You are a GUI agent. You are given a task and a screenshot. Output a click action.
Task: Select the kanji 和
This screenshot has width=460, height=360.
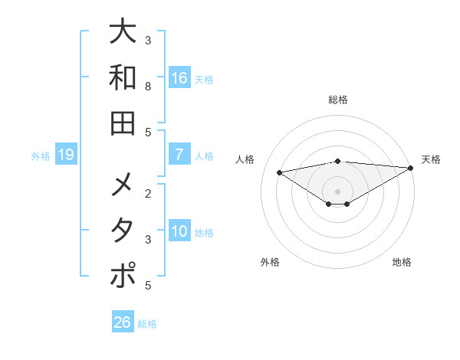coord(123,77)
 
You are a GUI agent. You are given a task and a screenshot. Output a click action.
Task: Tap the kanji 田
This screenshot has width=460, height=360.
coord(123,123)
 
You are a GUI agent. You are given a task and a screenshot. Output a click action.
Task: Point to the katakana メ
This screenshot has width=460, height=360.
coord(123,185)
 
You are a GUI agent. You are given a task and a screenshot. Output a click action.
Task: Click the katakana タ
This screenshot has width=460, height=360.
coord(123,231)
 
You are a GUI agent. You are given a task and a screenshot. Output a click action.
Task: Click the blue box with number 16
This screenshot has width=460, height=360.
coord(179,77)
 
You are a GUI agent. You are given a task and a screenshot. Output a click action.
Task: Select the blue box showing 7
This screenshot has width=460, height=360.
coord(179,155)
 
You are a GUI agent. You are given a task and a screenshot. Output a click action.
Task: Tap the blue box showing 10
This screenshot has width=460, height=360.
coord(179,231)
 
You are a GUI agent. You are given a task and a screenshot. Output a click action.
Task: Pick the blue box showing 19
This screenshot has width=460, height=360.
coord(66,155)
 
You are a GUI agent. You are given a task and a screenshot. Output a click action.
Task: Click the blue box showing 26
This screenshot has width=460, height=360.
coord(123,322)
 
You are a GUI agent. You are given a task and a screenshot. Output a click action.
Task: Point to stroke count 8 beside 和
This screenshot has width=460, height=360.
coord(148,87)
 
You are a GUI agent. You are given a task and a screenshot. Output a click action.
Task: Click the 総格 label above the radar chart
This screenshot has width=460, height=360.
coord(338,100)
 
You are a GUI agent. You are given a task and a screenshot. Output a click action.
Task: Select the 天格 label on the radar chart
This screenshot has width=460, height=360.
coord(431,159)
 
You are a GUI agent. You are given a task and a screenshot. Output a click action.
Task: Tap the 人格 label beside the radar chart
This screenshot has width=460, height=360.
coord(246,159)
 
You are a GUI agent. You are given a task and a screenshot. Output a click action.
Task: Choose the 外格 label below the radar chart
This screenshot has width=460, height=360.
coord(270,262)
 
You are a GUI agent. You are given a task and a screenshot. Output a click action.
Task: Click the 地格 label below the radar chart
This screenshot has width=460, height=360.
coord(402,262)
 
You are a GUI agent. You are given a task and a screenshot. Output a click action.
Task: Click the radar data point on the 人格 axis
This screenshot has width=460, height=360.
coord(279,172)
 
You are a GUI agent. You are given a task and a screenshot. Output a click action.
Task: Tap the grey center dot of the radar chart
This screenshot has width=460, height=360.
coord(338,191)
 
